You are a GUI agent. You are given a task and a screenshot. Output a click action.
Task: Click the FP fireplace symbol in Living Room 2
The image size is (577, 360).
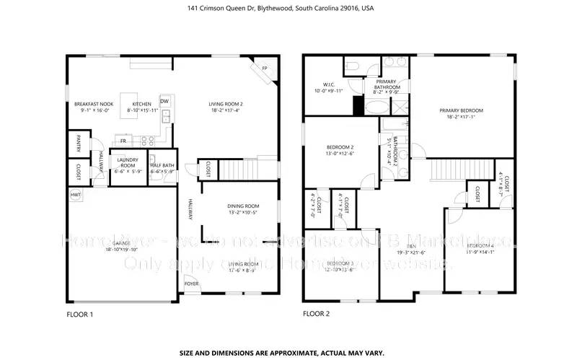pyautogui.click(x=264, y=69)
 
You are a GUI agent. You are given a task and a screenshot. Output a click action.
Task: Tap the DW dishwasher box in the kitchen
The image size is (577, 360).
pyautogui.click(x=164, y=101)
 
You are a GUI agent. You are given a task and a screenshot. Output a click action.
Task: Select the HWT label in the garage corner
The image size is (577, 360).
pyautogui.click(x=75, y=195)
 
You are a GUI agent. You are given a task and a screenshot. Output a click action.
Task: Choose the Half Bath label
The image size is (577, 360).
pyautogui.click(x=162, y=166)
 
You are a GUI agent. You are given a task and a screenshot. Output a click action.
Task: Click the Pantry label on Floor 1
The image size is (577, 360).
pyautogui.click(x=79, y=144)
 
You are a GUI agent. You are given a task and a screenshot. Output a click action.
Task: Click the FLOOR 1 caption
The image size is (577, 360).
pyautogui.click(x=81, y=314)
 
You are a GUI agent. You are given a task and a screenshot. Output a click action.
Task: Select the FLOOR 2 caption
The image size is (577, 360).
pyautogui.click(x=316, y=314)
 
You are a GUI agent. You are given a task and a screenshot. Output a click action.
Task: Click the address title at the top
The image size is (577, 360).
pyautogui.click(x=288, y=8)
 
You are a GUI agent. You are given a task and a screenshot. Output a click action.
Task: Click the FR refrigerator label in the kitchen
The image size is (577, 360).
pyautogui.click(x=123, y=141)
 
